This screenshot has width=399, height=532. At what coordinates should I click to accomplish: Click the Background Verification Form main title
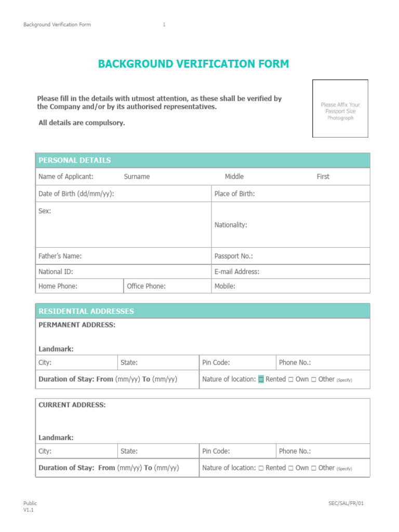pos(193,64)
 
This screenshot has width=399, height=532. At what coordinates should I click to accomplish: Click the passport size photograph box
pos(340,109)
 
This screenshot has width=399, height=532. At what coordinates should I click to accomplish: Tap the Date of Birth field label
pos(76,194)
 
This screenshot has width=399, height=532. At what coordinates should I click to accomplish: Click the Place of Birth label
pos(234,194)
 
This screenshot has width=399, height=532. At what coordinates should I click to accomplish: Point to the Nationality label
pos(231,225)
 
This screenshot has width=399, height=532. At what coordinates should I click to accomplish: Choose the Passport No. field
pos(234,256)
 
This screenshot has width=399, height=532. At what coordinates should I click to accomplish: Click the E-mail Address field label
pos(236,271)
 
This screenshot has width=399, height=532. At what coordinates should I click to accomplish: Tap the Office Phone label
pos(146,286)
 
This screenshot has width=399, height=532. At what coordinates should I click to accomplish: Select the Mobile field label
pos(224,286)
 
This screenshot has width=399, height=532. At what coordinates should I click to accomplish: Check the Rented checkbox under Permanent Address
pos(261,379)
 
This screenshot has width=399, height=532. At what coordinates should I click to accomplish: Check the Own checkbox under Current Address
pos(291,468)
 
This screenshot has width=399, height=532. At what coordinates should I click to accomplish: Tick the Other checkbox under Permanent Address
pos(314,379)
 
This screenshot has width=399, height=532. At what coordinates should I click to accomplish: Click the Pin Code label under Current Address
pos(216,451)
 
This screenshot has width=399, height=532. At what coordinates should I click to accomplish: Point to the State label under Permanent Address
pos(129,363)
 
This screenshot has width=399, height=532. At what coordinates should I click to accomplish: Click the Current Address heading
pos(72,405)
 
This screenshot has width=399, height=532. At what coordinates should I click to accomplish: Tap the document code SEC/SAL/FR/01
pos(350,503)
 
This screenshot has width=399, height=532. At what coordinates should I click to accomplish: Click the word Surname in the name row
pos(137,177)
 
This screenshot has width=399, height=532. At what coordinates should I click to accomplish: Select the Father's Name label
pos(60,256)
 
